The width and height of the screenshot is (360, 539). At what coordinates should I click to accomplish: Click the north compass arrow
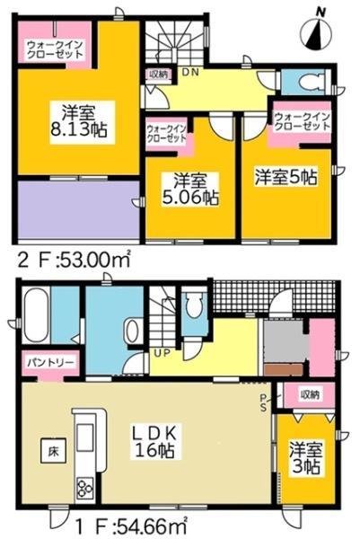[x=316, y=34]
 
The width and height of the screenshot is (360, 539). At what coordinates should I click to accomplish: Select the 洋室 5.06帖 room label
[x=186, y=187]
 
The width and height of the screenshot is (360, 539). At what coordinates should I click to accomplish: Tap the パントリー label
[x=42, y=362]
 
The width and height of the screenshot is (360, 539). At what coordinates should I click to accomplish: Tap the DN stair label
[x=191, y=71]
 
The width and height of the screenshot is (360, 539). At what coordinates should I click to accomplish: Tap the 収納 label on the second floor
[x=158, y=75]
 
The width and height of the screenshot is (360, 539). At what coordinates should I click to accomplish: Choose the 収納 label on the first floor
[x=310, y=394]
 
